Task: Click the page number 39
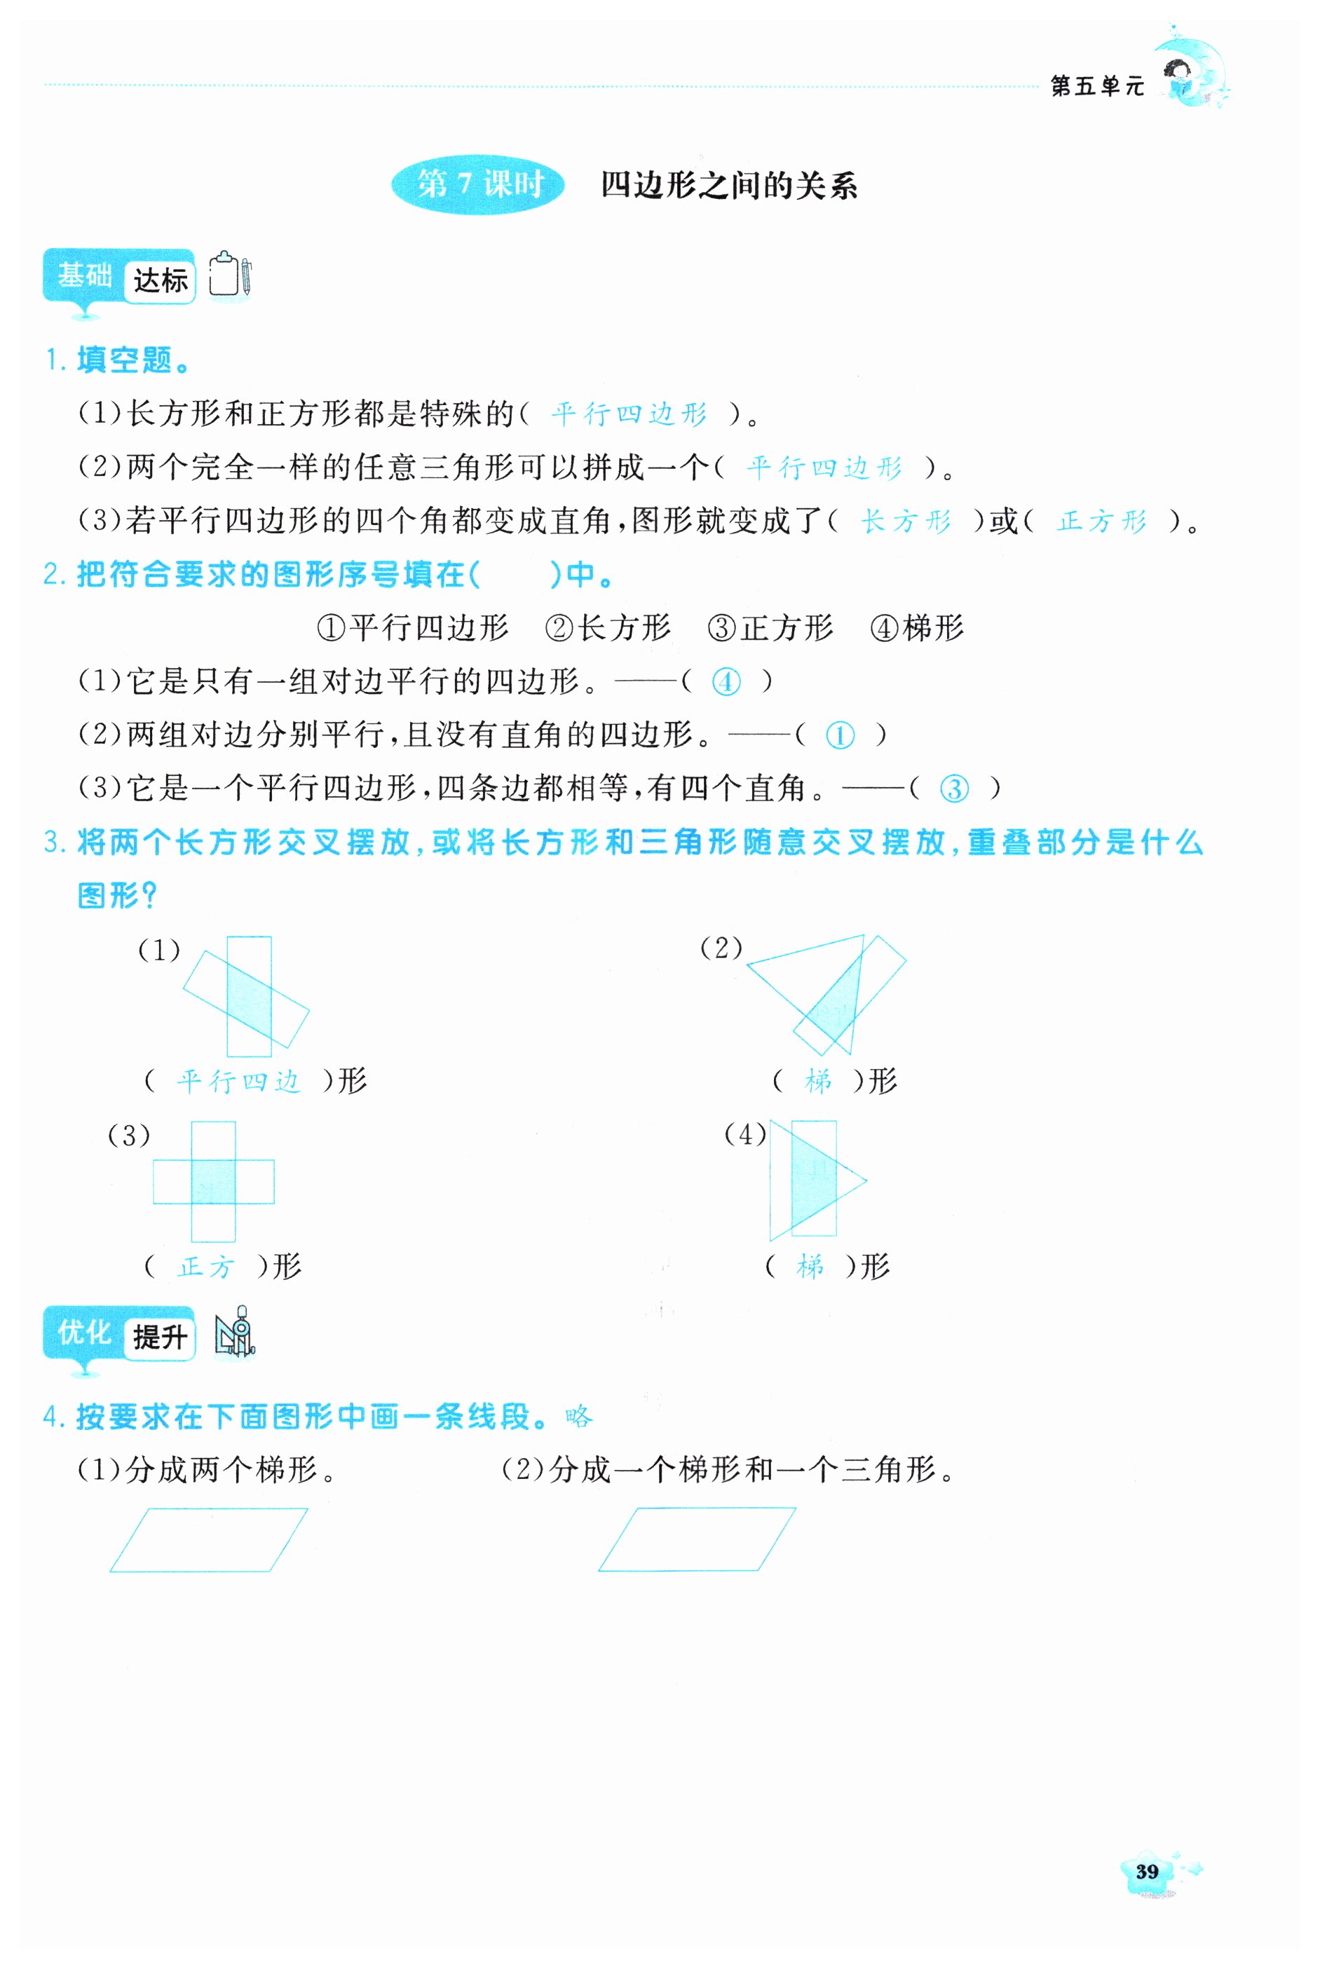1147,1872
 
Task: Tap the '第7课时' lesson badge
478,184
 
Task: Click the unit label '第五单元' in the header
1097,86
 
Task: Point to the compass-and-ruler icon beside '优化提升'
235,1332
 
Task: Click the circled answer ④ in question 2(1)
726,681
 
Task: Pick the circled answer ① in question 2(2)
839,735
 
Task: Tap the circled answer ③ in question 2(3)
954,789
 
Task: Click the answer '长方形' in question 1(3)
906,521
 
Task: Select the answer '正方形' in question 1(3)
1102,521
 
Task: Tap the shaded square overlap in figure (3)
213,1181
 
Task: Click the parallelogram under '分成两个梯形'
209,1540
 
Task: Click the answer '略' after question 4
579,1417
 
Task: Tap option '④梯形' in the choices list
917,627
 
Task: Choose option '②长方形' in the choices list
608,627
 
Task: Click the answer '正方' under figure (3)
206,1266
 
